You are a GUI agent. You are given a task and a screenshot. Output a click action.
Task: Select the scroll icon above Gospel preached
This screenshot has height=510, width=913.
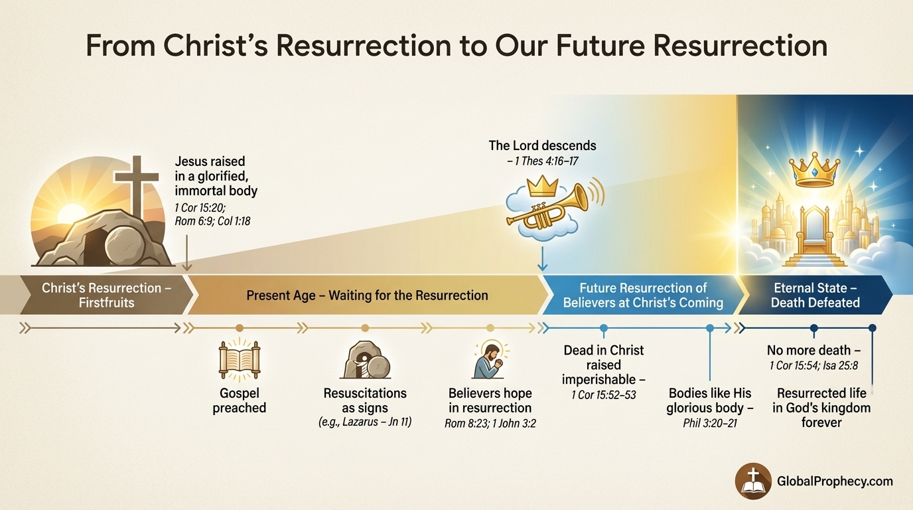pyautogui.click(x=239, y=359)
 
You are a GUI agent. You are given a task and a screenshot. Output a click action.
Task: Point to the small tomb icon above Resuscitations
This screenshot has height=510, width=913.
pyautogui.click(x=364, y=360)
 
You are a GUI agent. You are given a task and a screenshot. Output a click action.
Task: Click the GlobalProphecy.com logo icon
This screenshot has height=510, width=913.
pyautogui.click(x=752, y=480)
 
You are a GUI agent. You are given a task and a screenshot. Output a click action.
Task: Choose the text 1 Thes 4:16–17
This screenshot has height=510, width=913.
pyautogui.click(x=542, y=160)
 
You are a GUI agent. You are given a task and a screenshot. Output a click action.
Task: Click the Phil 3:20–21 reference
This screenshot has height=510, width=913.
pyautogui.click(x=709, y=423)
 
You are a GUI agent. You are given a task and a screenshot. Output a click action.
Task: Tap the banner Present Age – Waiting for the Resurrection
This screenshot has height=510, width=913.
pyautogui.click(x=367, y=295)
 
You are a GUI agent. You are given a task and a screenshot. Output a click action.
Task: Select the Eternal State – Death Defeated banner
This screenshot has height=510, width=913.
pyautogui.click(x=815, y=295)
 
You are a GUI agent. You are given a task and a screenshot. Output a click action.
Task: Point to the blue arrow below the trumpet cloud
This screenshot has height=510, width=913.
pyautogui.click(x=542, y=259)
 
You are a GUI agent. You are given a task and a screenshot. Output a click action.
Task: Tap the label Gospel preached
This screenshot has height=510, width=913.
pyautogui.click(x=239, y=400)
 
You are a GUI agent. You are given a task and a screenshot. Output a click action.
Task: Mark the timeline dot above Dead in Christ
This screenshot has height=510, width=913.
pyautogui.click(x=604, y=327)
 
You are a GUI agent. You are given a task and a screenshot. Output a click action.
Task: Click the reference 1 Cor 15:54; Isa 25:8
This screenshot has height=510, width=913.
pyautogui.click(x=813, y=366)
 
